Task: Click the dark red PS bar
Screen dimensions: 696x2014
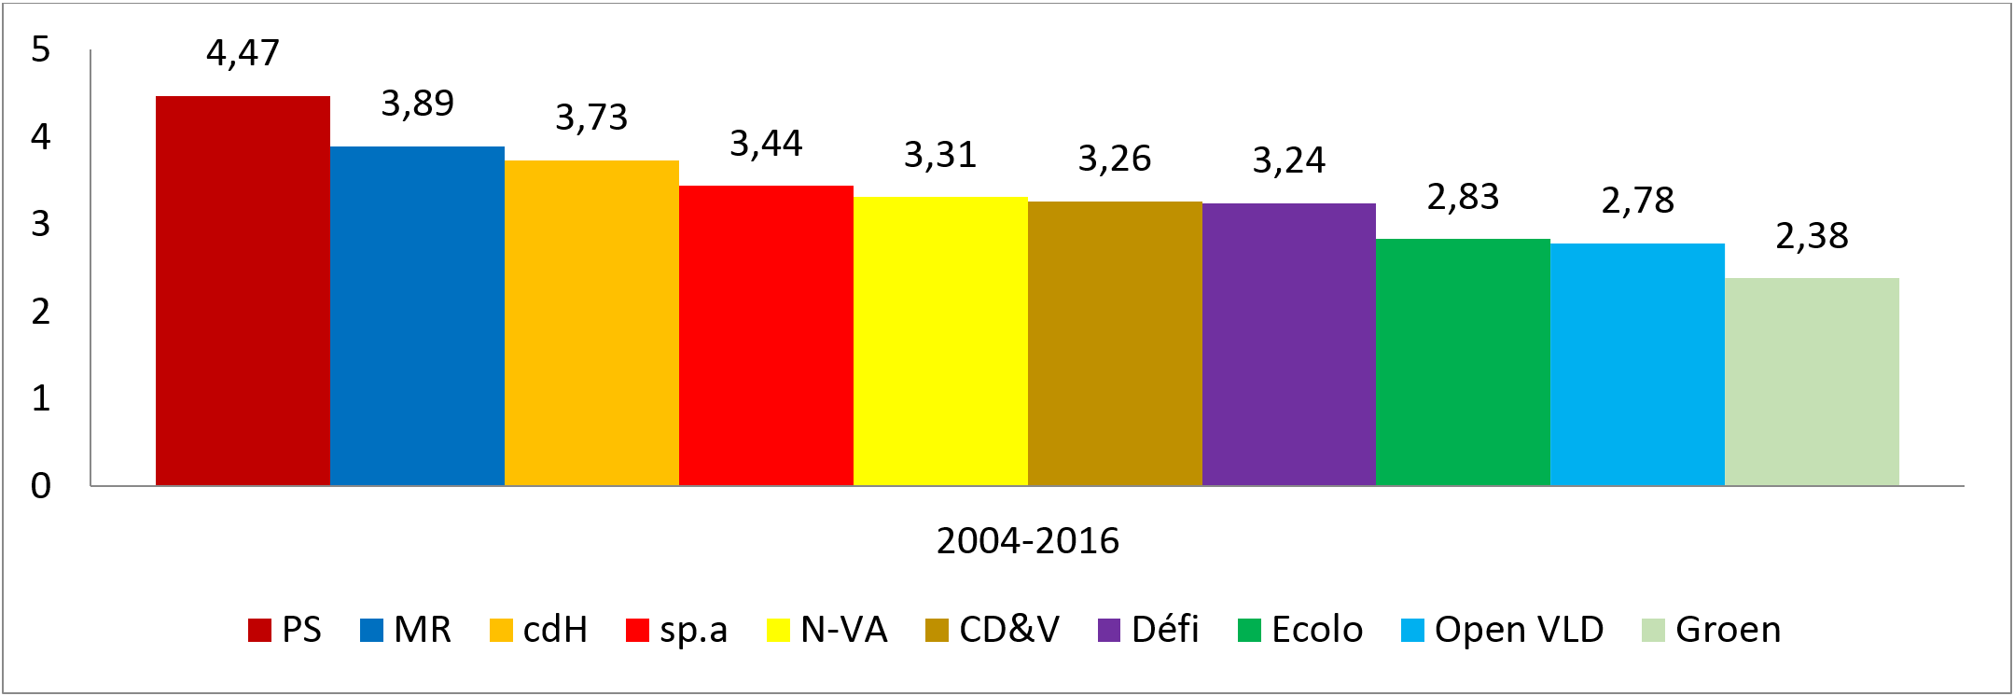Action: tap(243, 290)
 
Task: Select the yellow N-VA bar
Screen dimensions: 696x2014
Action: tap(940, 341)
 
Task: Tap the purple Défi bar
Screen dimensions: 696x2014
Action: tap(1288, 344)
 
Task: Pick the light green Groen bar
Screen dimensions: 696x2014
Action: tap(1812, 382)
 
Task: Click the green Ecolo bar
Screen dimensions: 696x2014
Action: tap(1463, 362)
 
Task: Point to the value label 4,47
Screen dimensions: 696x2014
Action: tap(243, 53)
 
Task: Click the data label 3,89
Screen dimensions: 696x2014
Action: tap(417, 104)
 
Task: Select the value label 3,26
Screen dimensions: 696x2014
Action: tap(1114, 160)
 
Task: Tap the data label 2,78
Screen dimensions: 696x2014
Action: tap(1637, 201)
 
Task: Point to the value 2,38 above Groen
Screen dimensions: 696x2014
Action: tap(1812, 236)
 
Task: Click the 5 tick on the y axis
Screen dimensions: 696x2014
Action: tap(40, 49)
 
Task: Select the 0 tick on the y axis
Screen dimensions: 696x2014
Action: tap(40, 486)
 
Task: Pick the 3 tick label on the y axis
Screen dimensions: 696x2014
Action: tap(40, 224)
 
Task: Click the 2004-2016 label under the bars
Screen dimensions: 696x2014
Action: tap(1027, 541)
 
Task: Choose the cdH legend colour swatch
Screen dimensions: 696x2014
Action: tap(501, 631)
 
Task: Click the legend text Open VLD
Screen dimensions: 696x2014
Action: tap(1519, 631)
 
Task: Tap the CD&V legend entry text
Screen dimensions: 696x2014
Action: tap(1008, 631)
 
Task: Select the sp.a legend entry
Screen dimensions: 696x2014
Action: tap(692, 631)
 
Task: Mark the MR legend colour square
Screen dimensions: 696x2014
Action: tap(371, 631)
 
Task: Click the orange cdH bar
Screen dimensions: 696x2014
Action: tap(591, 323)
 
